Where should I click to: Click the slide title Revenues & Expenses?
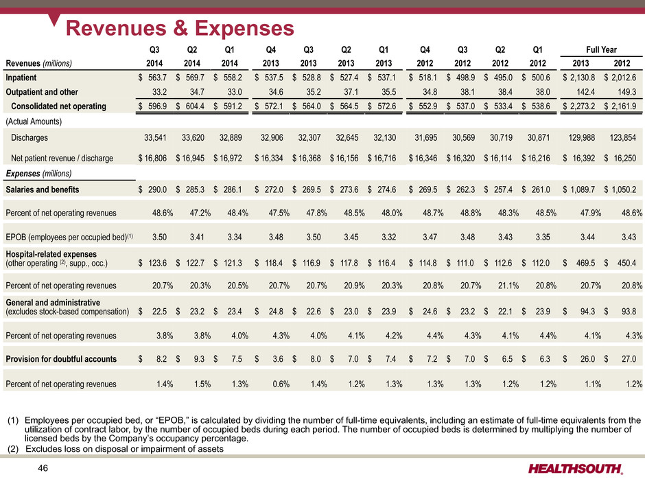(x=180, y=28)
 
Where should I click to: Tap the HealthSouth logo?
(x=576, y=469)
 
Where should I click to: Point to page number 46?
(x=43, y=468)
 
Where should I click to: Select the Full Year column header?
(x=601, y=50)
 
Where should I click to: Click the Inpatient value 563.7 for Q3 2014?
(x=158, y=78)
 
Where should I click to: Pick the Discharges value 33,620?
(x=193, y=137)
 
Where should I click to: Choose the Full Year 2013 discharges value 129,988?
(x=581, y=137)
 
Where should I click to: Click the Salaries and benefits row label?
(x=43, y=189)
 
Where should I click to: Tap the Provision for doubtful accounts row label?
(x=61, y=359)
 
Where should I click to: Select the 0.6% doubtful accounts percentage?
(x=281, y=384)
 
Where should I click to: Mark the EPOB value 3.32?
(x=389, y=237)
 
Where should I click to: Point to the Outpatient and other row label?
(x=42, y=92)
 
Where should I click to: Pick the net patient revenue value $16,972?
(x=228, y=158)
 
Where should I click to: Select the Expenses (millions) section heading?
(x=38, y=174)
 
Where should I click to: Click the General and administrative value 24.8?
(x=276, y=312)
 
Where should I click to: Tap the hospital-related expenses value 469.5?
(x=586, y=263)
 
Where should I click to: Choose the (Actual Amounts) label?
(x=34, y=122)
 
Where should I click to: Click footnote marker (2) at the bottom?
(x=13, y=449)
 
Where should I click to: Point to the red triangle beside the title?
(x=54, y=19)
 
